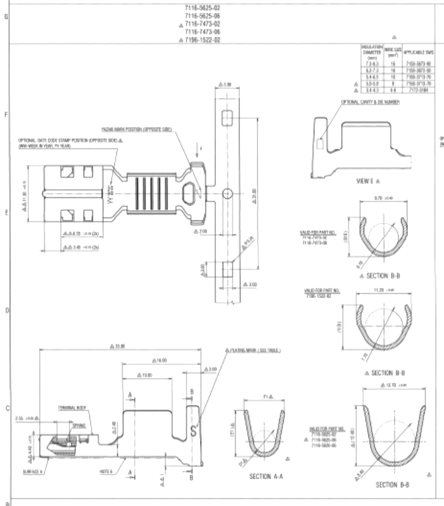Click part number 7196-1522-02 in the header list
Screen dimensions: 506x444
pos(202,40)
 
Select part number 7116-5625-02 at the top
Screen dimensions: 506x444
pos(202,8)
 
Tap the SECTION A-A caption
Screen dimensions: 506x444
pos(266,476)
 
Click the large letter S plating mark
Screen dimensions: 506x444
pos(194,431)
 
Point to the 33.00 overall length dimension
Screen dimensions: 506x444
pos(120,346)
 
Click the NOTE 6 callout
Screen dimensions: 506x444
pos(106,471)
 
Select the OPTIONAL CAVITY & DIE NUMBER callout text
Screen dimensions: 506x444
pos(370,102)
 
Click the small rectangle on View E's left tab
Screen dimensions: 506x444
pos(320,143)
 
